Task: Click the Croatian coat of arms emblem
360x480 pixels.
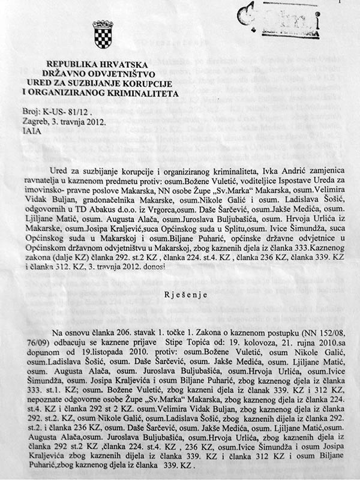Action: coord(100,34)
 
